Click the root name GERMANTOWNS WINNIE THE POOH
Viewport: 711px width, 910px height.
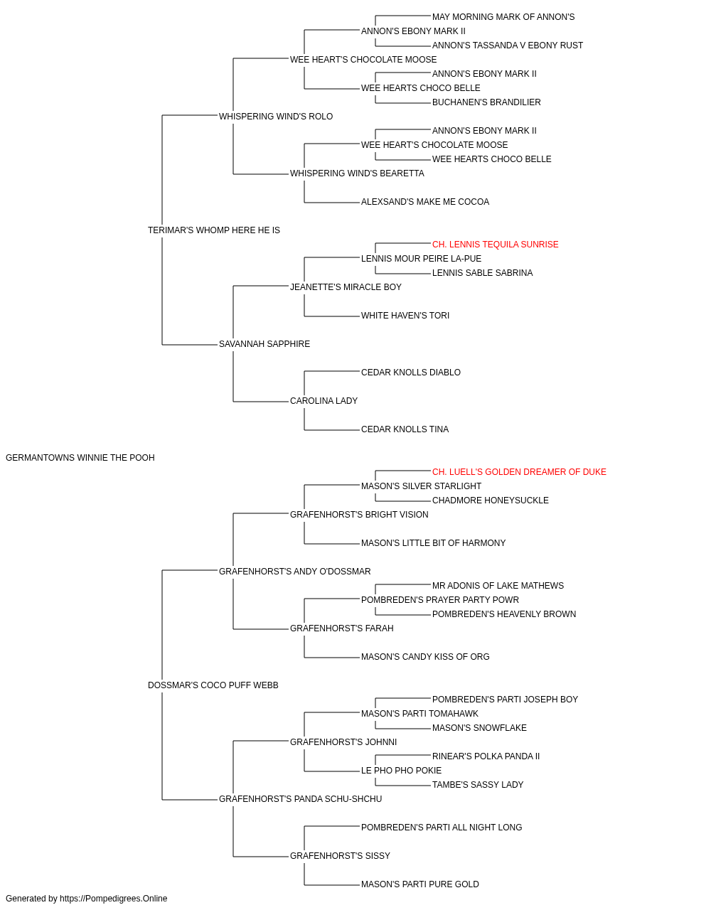pos(80,458)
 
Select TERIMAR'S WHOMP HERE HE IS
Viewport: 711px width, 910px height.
pos(213,230)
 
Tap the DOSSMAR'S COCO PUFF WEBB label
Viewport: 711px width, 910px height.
pos(213,685)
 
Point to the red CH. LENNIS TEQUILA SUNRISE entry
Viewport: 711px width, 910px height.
pos(495,245)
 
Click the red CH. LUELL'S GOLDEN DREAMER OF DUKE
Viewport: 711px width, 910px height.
pos(519,472)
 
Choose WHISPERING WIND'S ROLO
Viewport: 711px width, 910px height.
pos(276,117)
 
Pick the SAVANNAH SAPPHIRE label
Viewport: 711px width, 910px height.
pos(264,344)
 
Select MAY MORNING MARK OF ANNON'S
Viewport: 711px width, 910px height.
pos(503,17)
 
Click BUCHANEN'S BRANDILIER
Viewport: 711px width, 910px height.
pos(486,102)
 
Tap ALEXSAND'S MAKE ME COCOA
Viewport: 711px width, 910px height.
pos(425,202)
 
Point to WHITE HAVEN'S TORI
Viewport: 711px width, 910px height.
pos(405,316)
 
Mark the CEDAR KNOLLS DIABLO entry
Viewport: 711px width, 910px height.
pos(410,373)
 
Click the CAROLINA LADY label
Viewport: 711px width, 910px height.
pos(324,401)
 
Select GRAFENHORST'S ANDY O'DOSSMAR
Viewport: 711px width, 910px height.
pos(294,572)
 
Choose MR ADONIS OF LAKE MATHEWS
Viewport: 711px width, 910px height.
pos(498,586)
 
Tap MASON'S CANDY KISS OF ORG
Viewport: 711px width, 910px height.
pos(425,657)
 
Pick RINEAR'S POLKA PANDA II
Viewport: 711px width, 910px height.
pos(486,756)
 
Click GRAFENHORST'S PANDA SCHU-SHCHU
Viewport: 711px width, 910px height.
pos(300,799)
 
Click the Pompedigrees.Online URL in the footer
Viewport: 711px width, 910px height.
pos(113,899)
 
